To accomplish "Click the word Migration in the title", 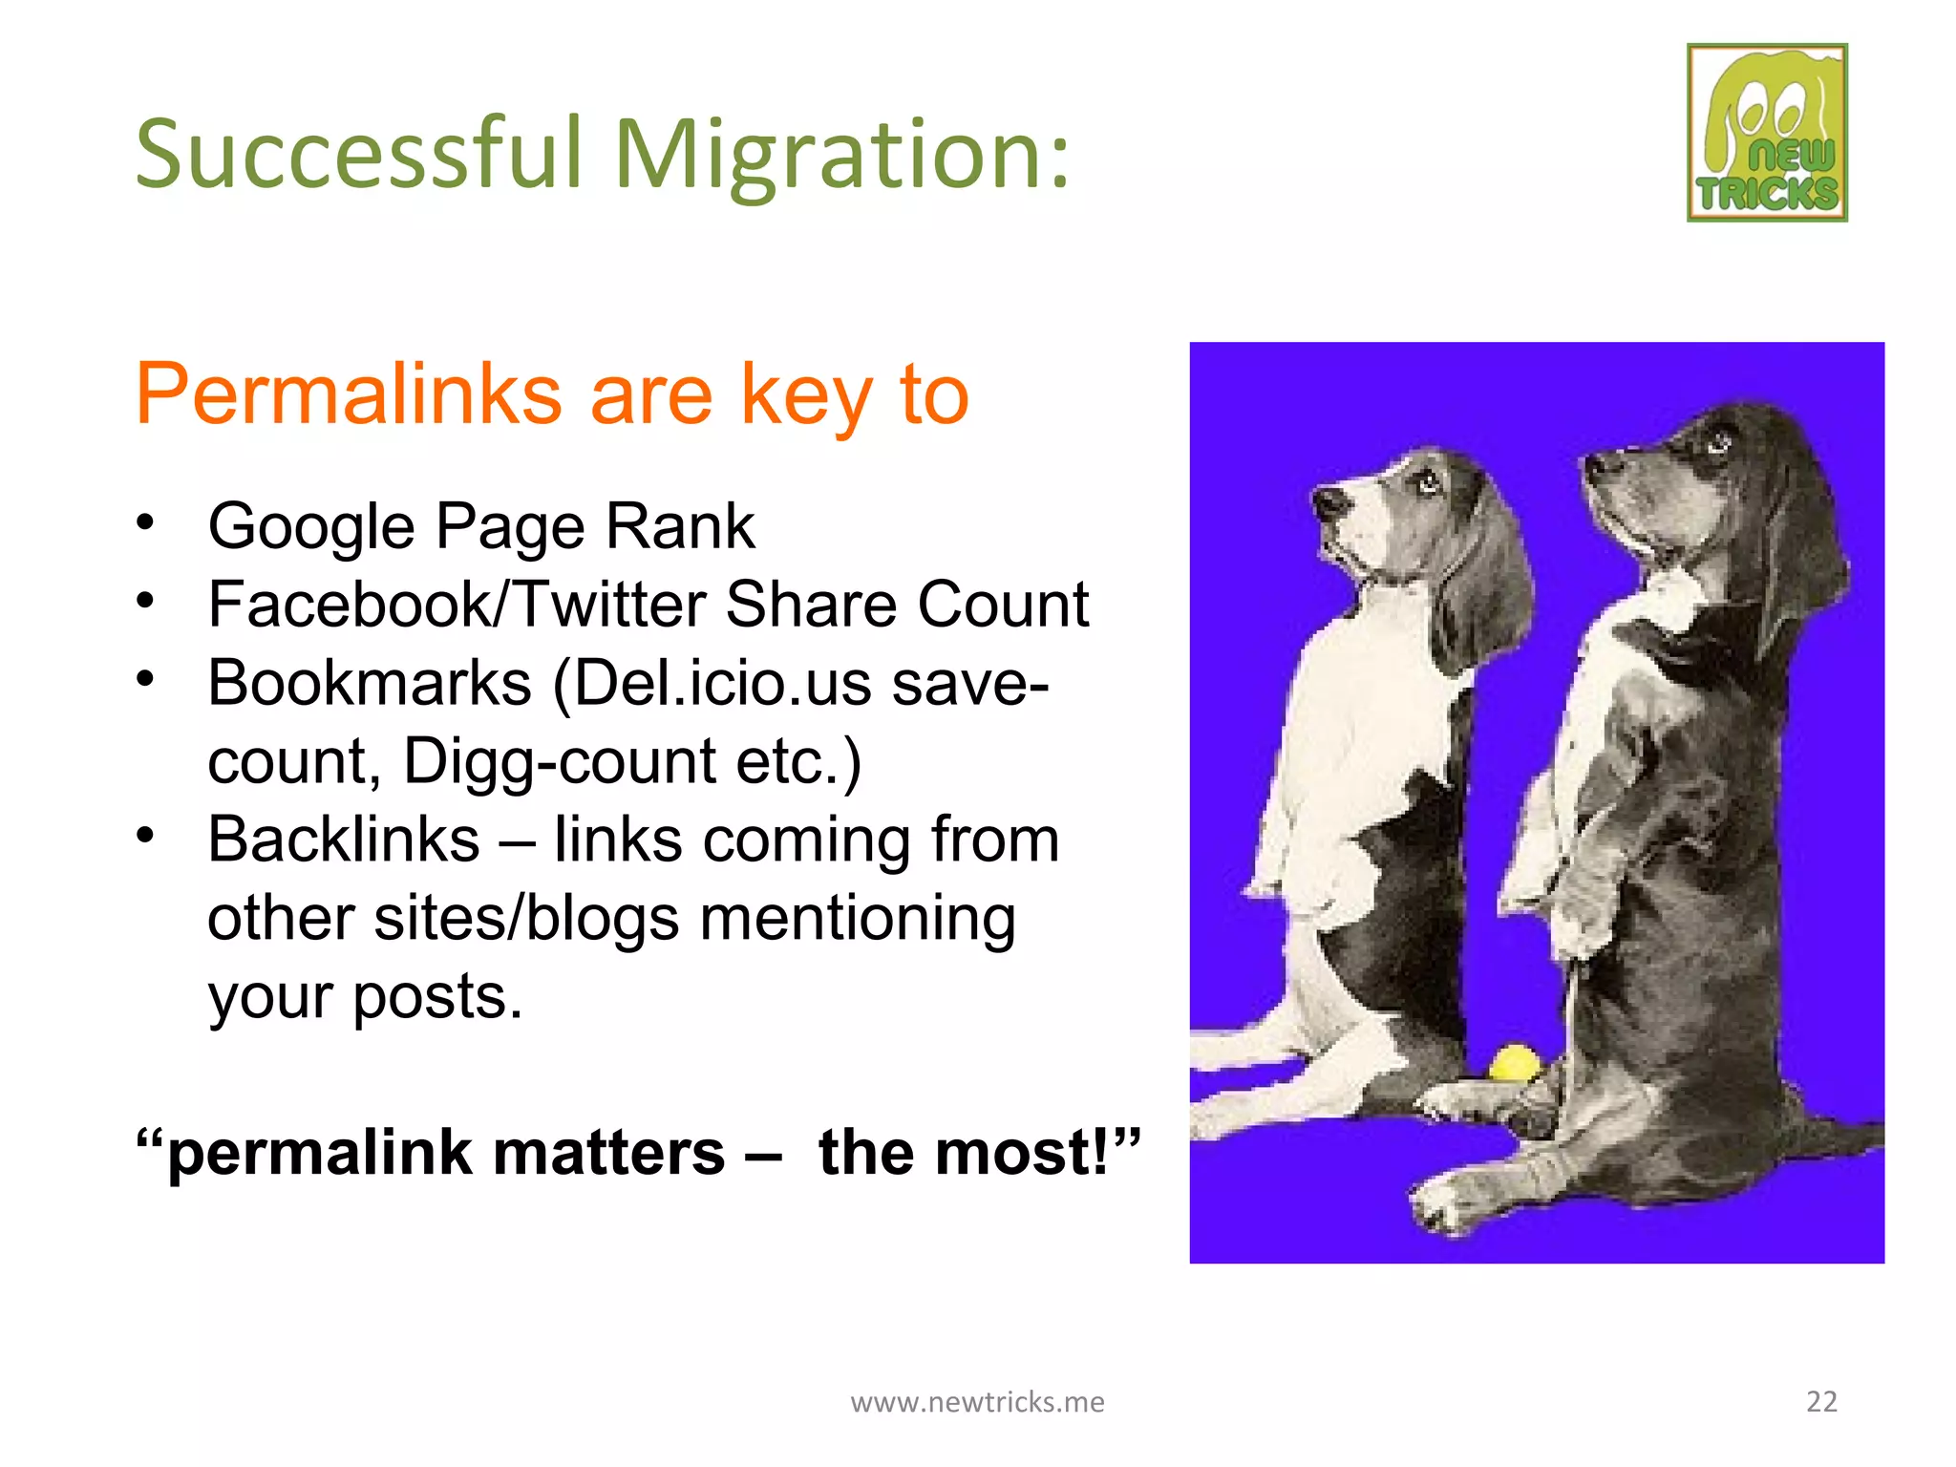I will coord(840,155).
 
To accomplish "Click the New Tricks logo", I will coord(1767,133).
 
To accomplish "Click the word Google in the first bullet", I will coord(312,528).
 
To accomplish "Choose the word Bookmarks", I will coord(370,683).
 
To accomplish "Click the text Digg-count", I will coord(559,761).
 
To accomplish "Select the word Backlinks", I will coord(344,840).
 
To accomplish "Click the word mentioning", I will coord(857,918).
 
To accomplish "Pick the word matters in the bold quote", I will coord(608,1152).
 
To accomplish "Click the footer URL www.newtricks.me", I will coord(977,1401).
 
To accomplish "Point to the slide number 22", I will coord(1821,1401).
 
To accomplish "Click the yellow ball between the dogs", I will coord(1515,1062).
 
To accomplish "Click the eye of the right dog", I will coord(1719,442).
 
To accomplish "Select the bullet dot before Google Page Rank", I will coord(145,522).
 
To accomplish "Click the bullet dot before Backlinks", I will coord(145,836).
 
